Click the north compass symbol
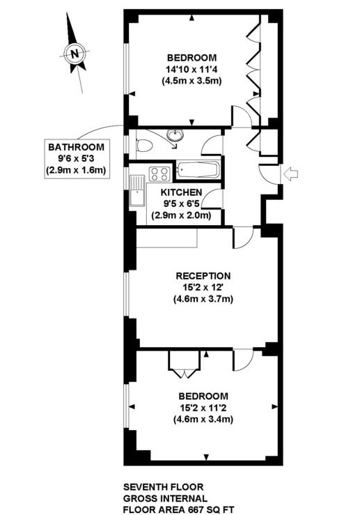75,53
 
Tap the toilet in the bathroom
143,146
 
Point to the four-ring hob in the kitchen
159,174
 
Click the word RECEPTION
203,276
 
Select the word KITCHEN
182,193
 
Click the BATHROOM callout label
76,147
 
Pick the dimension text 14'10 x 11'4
192,69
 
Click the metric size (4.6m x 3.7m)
203,300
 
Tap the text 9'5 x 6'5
182,205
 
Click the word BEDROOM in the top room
192,57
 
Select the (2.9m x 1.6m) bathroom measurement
76,171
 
